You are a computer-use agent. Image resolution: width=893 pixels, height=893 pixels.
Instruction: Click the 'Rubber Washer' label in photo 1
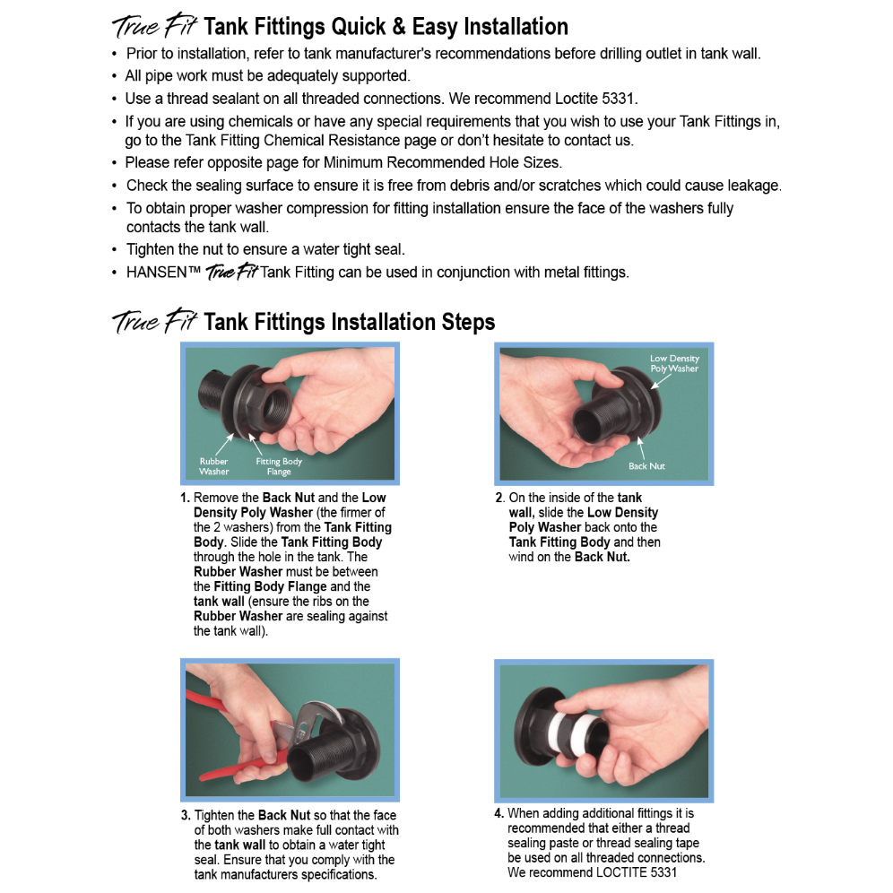point(213,466)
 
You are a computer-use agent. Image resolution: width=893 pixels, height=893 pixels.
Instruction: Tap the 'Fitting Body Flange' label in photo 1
point(279,466)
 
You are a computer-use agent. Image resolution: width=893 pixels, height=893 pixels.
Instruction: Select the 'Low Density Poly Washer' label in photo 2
point(674,363)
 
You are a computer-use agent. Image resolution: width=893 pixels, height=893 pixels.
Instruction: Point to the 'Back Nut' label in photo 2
point(646,466)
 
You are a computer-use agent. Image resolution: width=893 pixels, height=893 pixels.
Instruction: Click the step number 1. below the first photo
point(185,498)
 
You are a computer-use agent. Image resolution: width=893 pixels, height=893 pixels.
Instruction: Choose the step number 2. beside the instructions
point(499,498)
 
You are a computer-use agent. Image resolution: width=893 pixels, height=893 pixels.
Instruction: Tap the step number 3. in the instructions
point(186,815)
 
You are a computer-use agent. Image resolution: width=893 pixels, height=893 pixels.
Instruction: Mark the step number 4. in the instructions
point(499,813)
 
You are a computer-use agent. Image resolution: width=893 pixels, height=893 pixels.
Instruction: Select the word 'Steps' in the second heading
point(466,322)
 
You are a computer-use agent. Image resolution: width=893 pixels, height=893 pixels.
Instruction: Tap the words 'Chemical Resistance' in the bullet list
point(301,141)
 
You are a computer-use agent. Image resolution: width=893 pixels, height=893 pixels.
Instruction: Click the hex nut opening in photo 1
point(268,401)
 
